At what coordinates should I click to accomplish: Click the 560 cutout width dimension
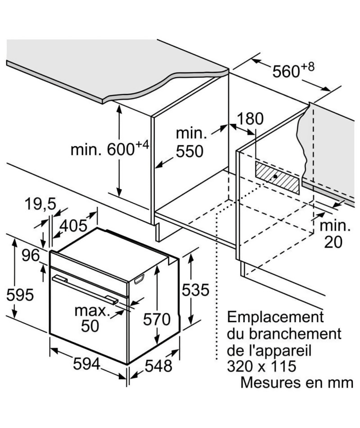(293, 70)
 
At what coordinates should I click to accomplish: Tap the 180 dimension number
(250, 119)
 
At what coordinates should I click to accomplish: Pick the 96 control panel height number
(31, 256)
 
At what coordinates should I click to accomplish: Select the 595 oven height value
(20, 295)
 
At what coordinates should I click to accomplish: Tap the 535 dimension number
(196, 290)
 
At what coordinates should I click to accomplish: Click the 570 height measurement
(157, 319)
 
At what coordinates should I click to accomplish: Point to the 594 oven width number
(87, 364)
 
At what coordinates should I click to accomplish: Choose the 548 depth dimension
(158, 366)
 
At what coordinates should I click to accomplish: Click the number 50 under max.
(90, 326)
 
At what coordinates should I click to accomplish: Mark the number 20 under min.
(333, 242)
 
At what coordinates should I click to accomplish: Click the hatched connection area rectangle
(277, 178)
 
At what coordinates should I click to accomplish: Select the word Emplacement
(275, 317)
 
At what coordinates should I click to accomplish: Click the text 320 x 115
(261, 366)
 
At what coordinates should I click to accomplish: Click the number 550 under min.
(189, 151)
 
